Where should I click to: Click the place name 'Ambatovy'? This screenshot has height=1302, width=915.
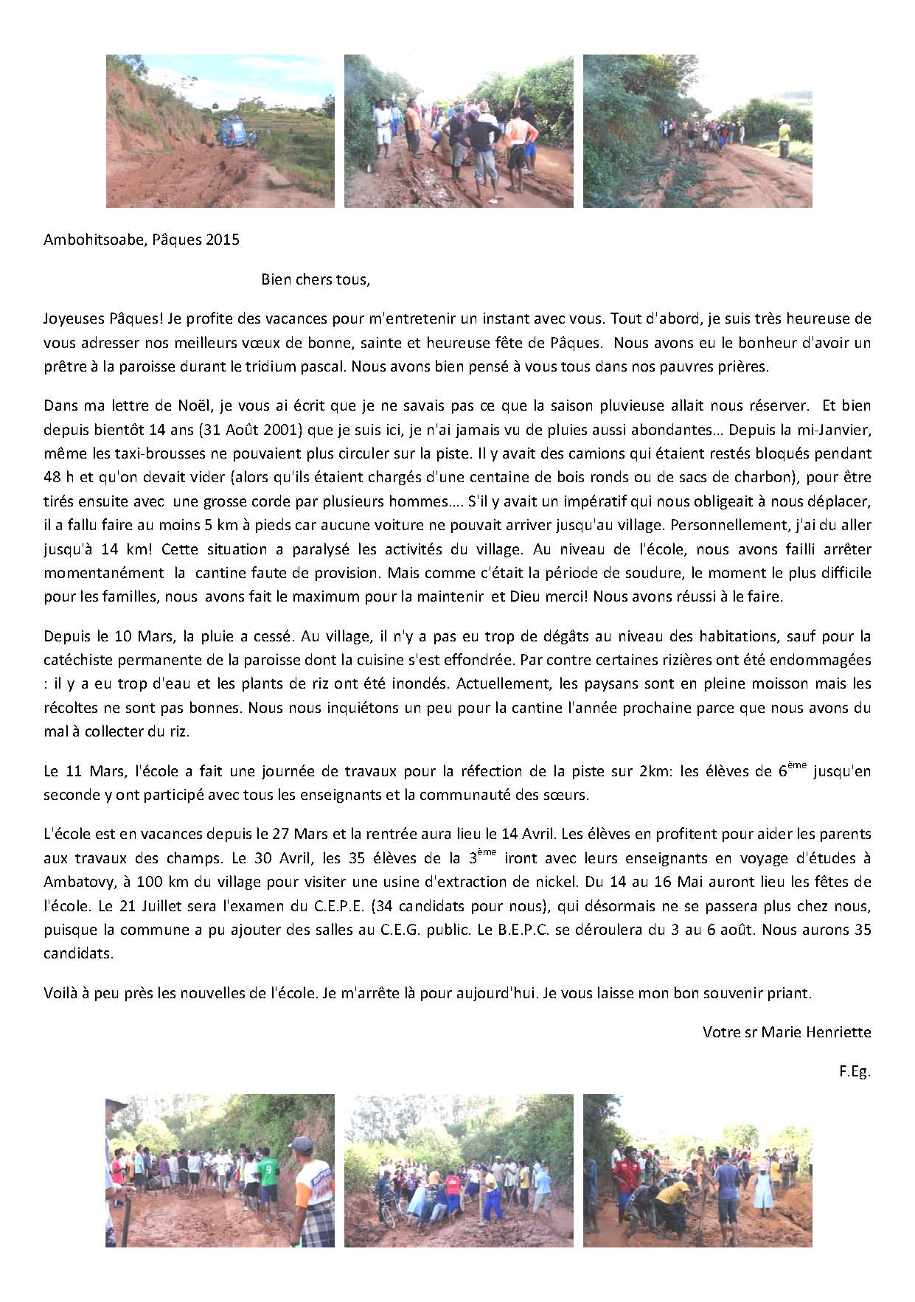coord(76,882)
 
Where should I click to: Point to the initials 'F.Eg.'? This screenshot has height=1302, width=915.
coord(855,1072)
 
